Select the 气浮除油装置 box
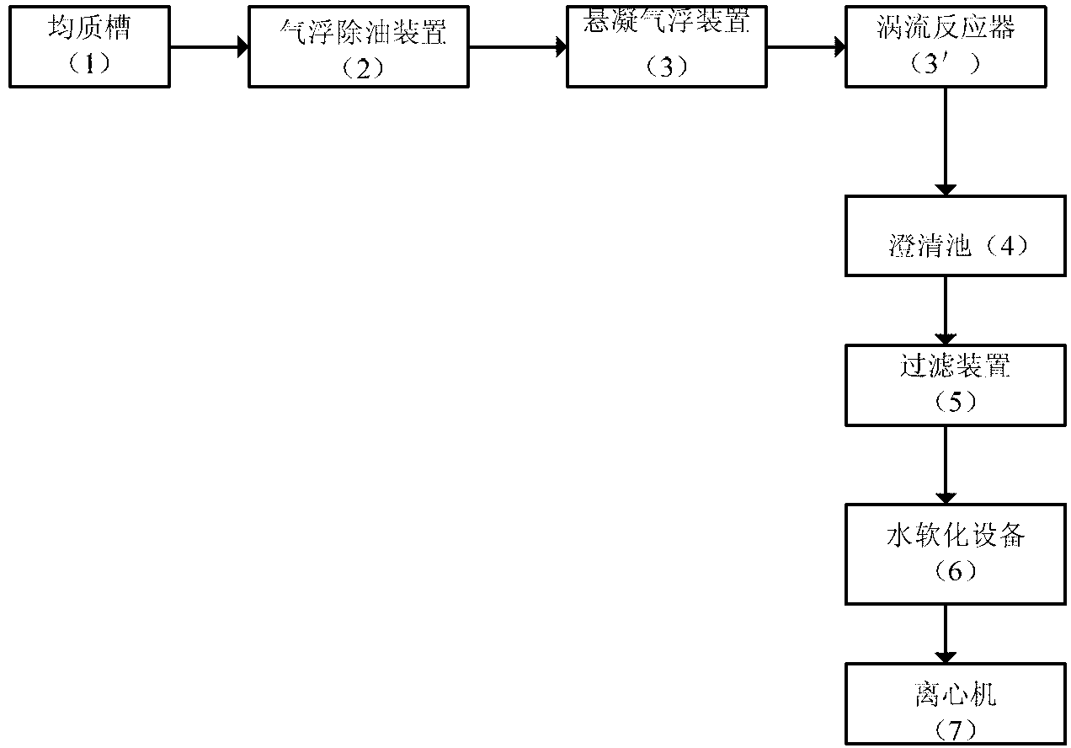(x=359, y=46)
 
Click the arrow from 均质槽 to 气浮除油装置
(x=208, y=47)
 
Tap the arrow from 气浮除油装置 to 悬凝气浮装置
(x=517, y=47)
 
